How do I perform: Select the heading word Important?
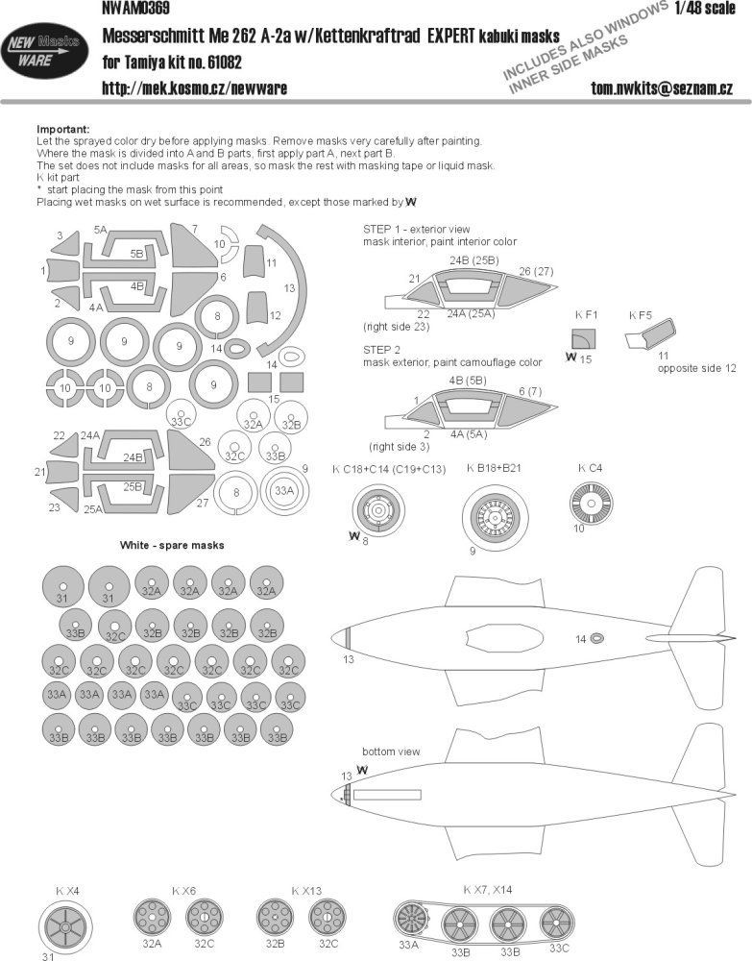62,129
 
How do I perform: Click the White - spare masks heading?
172,545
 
